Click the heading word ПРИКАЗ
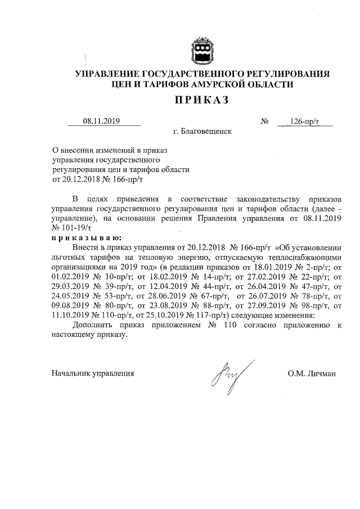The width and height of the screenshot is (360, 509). tap(202, 101)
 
